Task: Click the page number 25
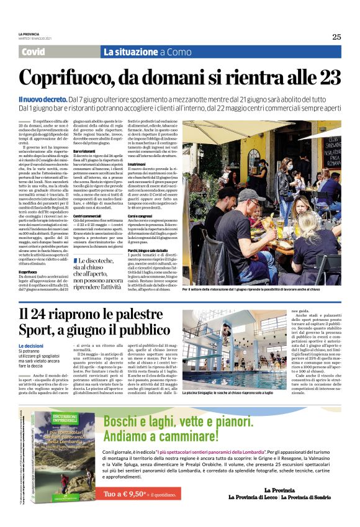click(x=336, y=37)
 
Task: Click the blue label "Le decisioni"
click(x=30, y=345)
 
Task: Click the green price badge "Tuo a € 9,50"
click(x=126, y=494)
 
